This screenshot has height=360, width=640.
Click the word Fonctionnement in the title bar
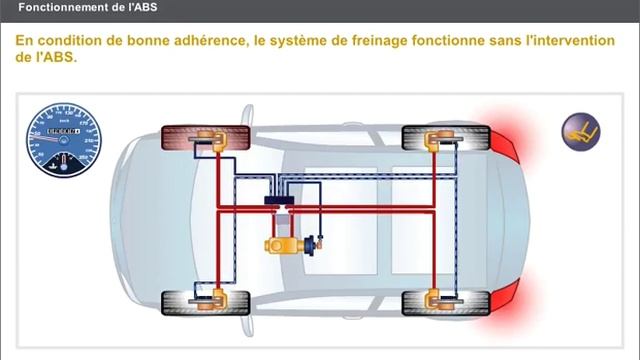64,8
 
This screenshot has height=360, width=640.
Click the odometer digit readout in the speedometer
62,131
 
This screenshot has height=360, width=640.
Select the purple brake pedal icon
577,130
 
